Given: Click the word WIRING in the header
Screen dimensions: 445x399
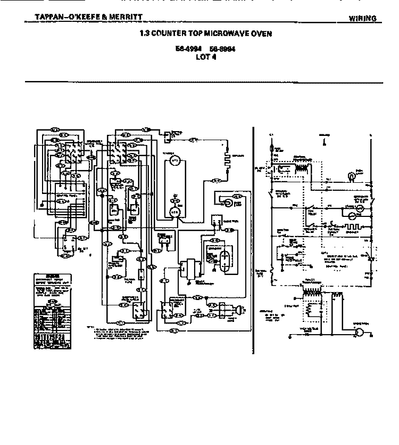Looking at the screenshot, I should tap(363, 19).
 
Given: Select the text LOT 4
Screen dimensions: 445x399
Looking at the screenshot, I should tap(205, 56).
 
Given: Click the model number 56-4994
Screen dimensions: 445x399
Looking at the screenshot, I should tap(186, 50).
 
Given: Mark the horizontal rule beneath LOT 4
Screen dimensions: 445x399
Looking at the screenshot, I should tap(204, 83).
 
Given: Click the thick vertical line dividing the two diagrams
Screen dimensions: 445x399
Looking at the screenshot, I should tap(252, 240).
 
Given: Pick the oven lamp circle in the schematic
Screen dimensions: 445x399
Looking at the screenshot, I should tap(352, 175).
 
